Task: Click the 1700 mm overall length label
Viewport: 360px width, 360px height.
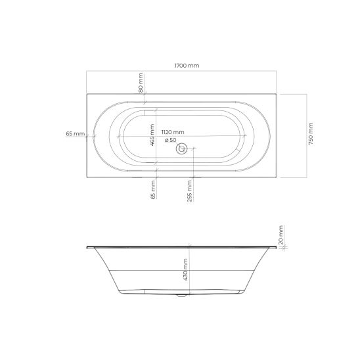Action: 187,66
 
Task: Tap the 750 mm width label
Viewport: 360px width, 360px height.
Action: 311,133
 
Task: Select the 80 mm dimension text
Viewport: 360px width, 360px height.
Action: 141,83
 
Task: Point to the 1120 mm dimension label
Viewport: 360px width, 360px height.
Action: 173,132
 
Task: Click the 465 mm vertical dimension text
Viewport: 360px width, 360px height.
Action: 152,135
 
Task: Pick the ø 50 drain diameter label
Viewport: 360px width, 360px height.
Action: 171,140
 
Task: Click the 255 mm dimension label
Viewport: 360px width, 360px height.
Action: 190,191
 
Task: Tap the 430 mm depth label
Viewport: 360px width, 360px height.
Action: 185,269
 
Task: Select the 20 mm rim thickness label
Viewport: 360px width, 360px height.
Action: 281,235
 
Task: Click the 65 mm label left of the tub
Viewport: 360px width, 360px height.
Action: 76,133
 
